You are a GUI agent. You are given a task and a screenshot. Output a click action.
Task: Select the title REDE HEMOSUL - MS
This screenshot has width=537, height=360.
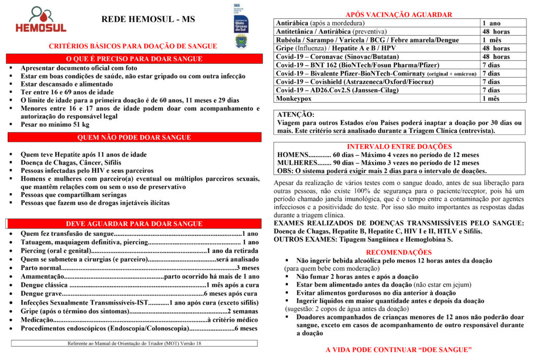(147, 19)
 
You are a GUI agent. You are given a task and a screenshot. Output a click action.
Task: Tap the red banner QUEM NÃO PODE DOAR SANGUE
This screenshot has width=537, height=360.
(134, 138)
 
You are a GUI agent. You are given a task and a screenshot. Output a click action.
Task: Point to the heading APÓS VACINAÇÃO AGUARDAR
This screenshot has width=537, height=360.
(399, 15)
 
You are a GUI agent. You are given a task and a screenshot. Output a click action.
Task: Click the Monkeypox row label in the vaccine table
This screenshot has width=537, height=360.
(294, 99)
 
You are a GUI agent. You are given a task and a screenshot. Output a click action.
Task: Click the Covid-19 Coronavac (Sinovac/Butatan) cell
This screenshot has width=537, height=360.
(337, 57)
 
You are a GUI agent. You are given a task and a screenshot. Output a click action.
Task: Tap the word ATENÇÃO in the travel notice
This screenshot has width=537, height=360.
(296, 114)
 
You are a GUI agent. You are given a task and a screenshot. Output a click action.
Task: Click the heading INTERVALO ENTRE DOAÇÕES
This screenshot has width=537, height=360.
(399, 147)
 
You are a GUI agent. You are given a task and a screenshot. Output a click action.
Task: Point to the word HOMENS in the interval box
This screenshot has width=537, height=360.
(293, 155)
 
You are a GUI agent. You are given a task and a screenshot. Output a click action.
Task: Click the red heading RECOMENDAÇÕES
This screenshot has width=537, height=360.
(399, 252)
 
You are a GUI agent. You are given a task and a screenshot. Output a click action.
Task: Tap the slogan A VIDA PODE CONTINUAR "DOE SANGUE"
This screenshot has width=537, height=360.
(399, 350)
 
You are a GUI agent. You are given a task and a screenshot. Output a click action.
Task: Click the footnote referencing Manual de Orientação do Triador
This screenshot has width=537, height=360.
(134, 344)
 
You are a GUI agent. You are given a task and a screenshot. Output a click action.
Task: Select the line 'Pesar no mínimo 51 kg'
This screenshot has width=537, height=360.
(55, 125)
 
